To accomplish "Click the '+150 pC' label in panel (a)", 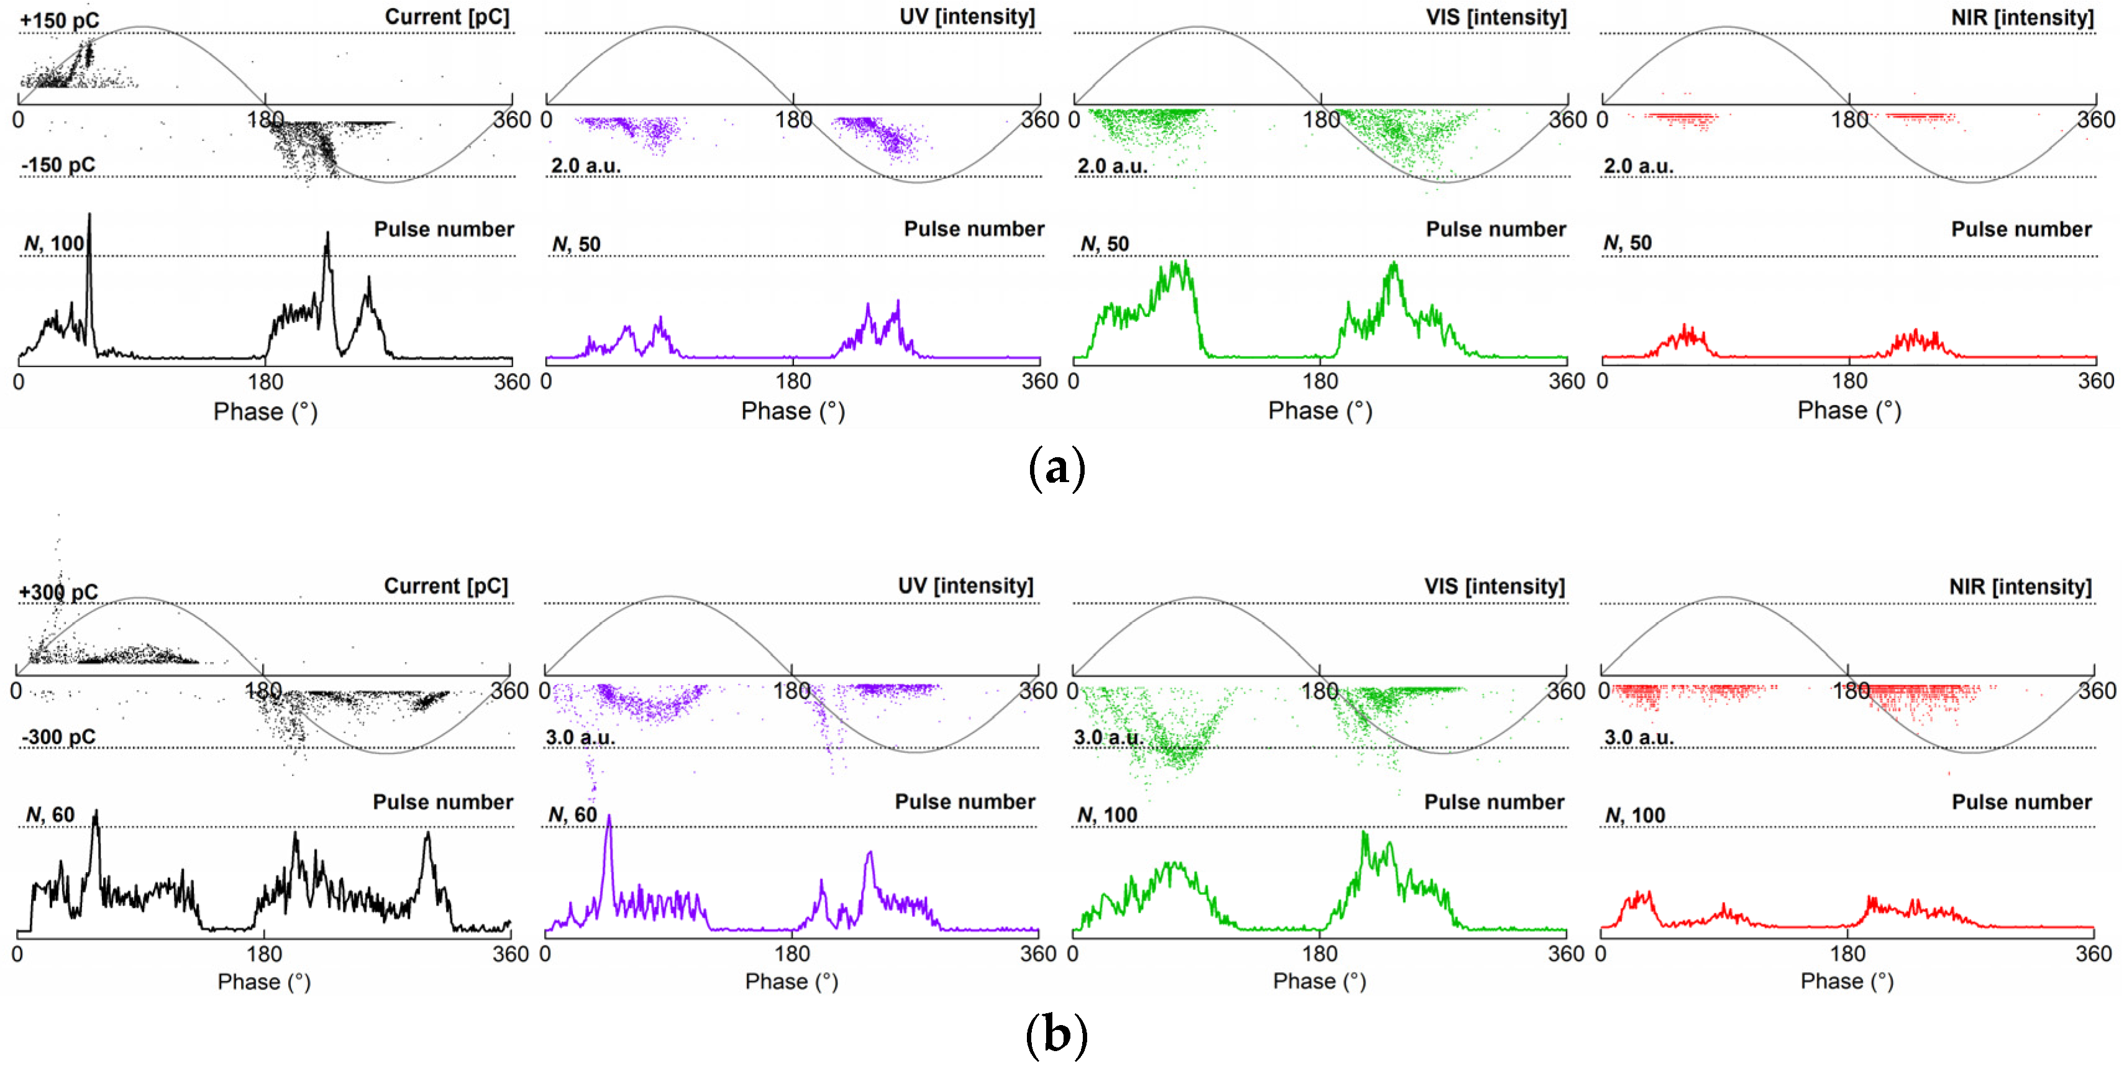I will point(60,20).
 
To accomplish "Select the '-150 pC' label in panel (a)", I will point(58,165).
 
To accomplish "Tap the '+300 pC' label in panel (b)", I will point(58,592).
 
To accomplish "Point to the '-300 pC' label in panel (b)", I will point(58,736).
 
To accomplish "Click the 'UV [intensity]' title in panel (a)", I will point(967,17).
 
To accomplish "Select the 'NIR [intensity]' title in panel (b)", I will point(2020,586).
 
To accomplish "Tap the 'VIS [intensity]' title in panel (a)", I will point(1496,17).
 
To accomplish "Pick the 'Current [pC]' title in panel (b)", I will point(446,586).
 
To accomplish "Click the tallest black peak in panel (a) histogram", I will point(90,216).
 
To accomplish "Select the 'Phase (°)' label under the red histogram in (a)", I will point(1849,411).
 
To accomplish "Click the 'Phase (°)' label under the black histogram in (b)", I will point(264,981).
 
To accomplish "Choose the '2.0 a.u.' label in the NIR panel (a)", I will point(1638,166).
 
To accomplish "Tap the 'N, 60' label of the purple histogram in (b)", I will point(572,814).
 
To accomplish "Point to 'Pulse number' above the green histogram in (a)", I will point(1496,229).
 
